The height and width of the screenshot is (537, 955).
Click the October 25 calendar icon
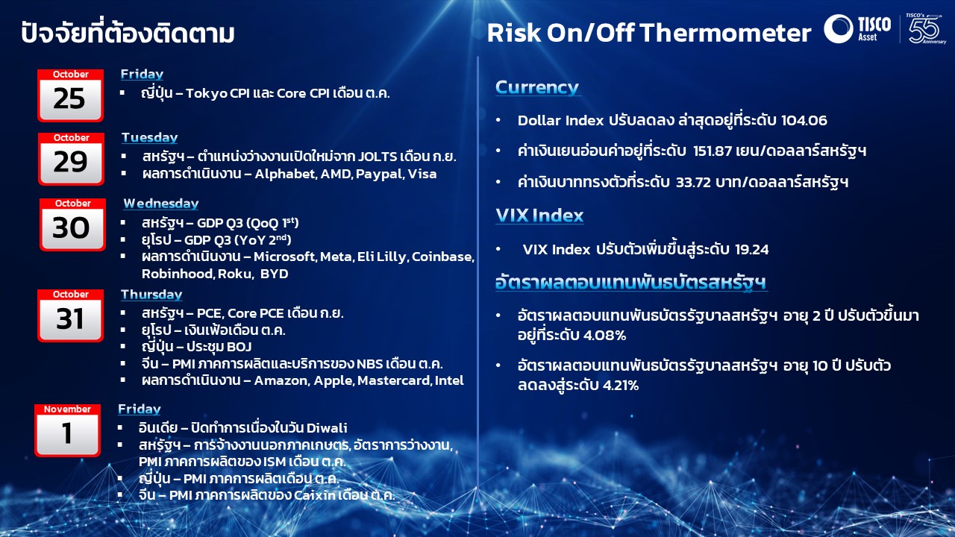[x=70, y=95]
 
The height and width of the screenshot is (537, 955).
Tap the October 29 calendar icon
[x=71, y=159]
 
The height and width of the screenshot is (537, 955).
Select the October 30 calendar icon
[x=72, y=224]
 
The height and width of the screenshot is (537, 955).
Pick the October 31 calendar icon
[x=70, y=315]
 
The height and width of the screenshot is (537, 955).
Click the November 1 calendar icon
[x=67, y=430]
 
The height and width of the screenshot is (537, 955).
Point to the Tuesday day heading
[x=150, y=138]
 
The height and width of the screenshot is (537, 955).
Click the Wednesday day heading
[x=161, y=204]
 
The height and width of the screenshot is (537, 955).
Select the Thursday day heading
[x=151, y=295]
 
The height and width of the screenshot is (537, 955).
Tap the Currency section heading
[x=537, y=87]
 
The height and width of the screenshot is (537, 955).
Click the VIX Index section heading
[x=539, y=216]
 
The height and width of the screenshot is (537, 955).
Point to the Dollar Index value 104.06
[x=804, y=121]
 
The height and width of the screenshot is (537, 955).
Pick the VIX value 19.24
[x=751, y=249]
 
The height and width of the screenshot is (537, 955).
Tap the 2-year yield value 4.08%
[x=604, y=336]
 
